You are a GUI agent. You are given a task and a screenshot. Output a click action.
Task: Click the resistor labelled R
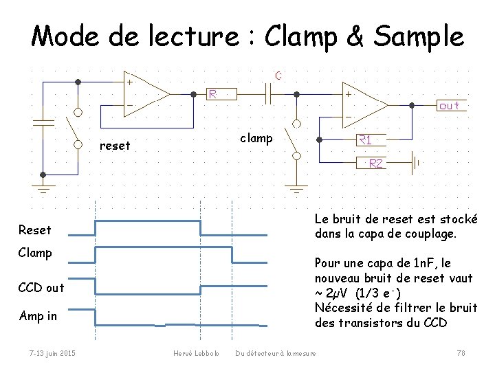click(223, 93)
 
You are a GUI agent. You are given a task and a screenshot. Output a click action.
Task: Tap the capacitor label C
click(278, 76)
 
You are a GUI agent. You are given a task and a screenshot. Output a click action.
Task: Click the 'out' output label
click(450, 106)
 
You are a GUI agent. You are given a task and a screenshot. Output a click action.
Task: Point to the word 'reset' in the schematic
click(115, 146)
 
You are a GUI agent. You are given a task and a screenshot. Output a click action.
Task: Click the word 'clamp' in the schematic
click(256, 138)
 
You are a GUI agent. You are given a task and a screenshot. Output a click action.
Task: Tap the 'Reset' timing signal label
click(34, 229)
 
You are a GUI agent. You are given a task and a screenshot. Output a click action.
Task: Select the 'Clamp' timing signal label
click(36, 253)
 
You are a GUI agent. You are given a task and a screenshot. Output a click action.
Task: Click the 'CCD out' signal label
click(41, 287)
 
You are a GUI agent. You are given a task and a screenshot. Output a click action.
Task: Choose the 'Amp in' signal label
click(38, 316)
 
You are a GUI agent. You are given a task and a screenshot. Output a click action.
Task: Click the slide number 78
click(461, 353)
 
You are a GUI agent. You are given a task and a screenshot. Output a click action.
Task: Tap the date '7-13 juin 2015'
click(52, 353)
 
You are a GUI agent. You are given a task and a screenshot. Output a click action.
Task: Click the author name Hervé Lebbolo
click(196, 353)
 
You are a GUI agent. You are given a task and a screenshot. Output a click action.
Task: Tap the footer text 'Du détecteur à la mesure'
click(276, 353)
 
